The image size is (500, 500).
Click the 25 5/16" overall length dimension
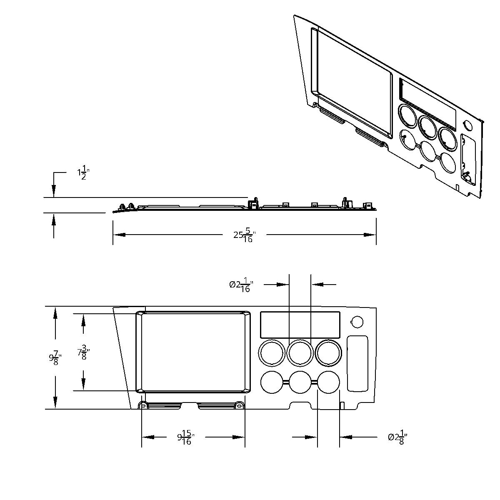coord(244,235)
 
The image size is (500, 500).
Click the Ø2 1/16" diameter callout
coord(241,285)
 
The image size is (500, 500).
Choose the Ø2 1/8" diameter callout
coord(397,437)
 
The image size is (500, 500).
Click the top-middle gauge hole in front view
coord(300,353)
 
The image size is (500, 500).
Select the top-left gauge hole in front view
coord(272,353)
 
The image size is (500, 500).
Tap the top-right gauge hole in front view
coord(328,353)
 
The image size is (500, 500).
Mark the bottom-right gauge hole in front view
coord(328,382)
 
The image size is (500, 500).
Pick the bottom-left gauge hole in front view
coord(272,382)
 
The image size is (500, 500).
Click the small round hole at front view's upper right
coord(357,322)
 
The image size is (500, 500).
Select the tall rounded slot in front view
coord(357,363)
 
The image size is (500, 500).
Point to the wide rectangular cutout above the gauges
coord(300,325)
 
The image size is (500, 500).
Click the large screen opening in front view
coord(193,352)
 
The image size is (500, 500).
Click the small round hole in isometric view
coord(467,125)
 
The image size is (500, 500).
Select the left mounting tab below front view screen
coord(142,405)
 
